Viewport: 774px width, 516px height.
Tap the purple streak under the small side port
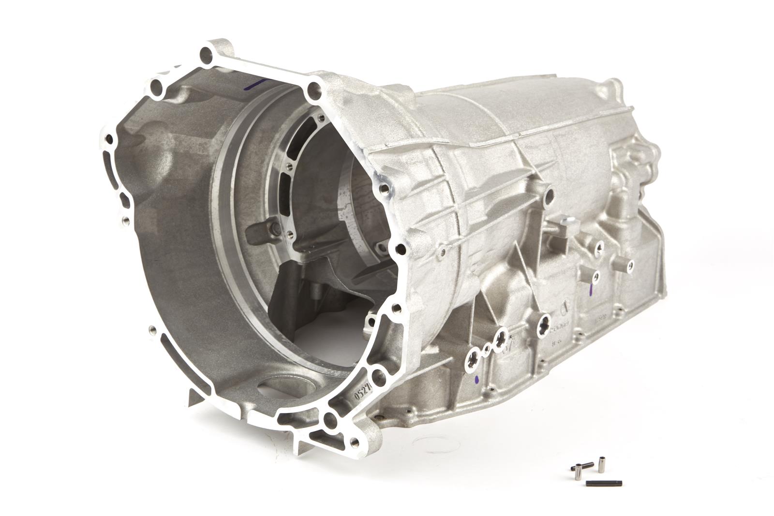pyautogui.click(x=591, y=290)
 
